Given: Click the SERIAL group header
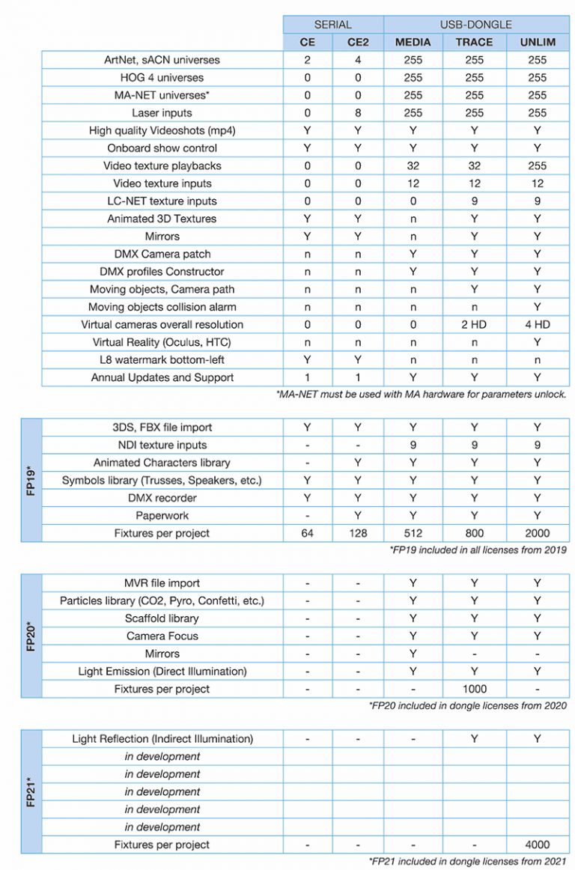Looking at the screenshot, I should [x=333, y=25].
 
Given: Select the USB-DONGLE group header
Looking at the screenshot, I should [x=475, y=25].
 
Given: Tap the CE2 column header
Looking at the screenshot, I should [x=358, y=42].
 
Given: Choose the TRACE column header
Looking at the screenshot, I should [x=474, y=42].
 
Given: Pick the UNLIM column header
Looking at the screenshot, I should [x=538, y=42].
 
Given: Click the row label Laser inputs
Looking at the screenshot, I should [x=162, y=113].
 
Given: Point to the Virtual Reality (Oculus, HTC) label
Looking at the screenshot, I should [x=162, y=342].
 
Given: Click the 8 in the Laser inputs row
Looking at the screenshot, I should [x=358, y=113].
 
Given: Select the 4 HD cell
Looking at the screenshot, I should [x=538, y=325].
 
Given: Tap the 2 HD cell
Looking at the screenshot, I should [x=474, y=325].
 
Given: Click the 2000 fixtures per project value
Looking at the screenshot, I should [x=538, y=534].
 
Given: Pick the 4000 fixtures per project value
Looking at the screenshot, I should [x=538, y=845].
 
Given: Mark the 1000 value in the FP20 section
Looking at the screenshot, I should [x=474, y=689].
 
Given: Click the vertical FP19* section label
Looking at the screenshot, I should [x=31, y=480].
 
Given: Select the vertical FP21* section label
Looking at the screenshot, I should [x=31, y=791].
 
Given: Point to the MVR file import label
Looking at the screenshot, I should [x=162, y=583].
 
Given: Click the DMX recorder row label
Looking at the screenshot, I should [x=162, y=498].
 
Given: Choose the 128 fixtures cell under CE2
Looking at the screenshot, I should [x=358, y=534].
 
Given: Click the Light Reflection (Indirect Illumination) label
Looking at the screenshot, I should [x=162, y=739].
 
